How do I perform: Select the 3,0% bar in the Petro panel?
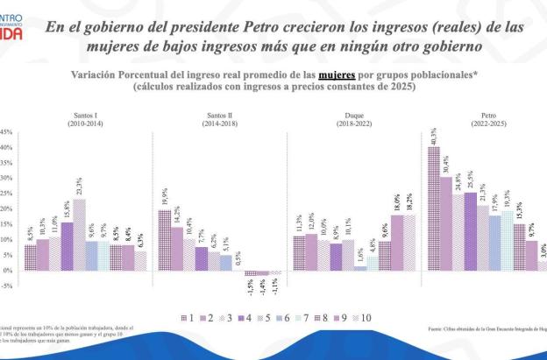[x=543, y=266]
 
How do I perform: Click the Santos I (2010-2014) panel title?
[x=80, y=120]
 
